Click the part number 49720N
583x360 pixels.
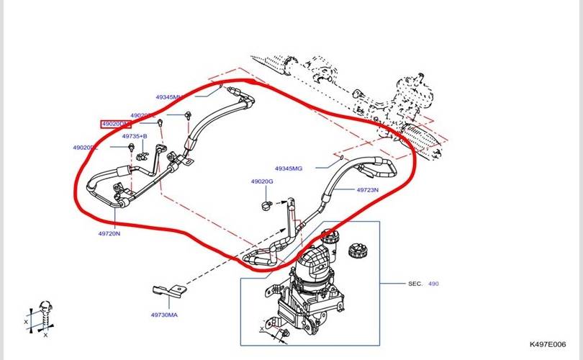coord(110,233)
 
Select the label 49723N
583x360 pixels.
coord(367,190)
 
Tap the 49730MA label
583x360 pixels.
coord(165,315)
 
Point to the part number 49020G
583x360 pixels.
coord(262,181)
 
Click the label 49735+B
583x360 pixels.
coord(134,136)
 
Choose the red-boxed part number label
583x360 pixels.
coord(115,124)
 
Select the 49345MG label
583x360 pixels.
coord(288,168)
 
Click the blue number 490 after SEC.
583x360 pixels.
coord(433,284)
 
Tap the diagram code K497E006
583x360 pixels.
coord(548,346)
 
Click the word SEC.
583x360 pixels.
coord(415,284)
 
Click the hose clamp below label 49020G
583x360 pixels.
coord(266,206)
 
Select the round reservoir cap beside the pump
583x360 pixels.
coord(358,252)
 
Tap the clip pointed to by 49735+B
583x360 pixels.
coord(142,151)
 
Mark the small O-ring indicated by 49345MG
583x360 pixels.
coord(341,156)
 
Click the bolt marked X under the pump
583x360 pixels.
coord(282,332)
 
